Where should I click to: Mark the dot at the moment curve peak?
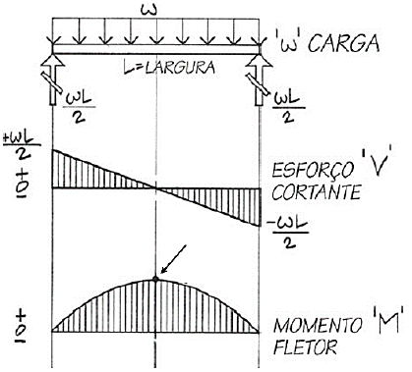(x=155, y=280)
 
